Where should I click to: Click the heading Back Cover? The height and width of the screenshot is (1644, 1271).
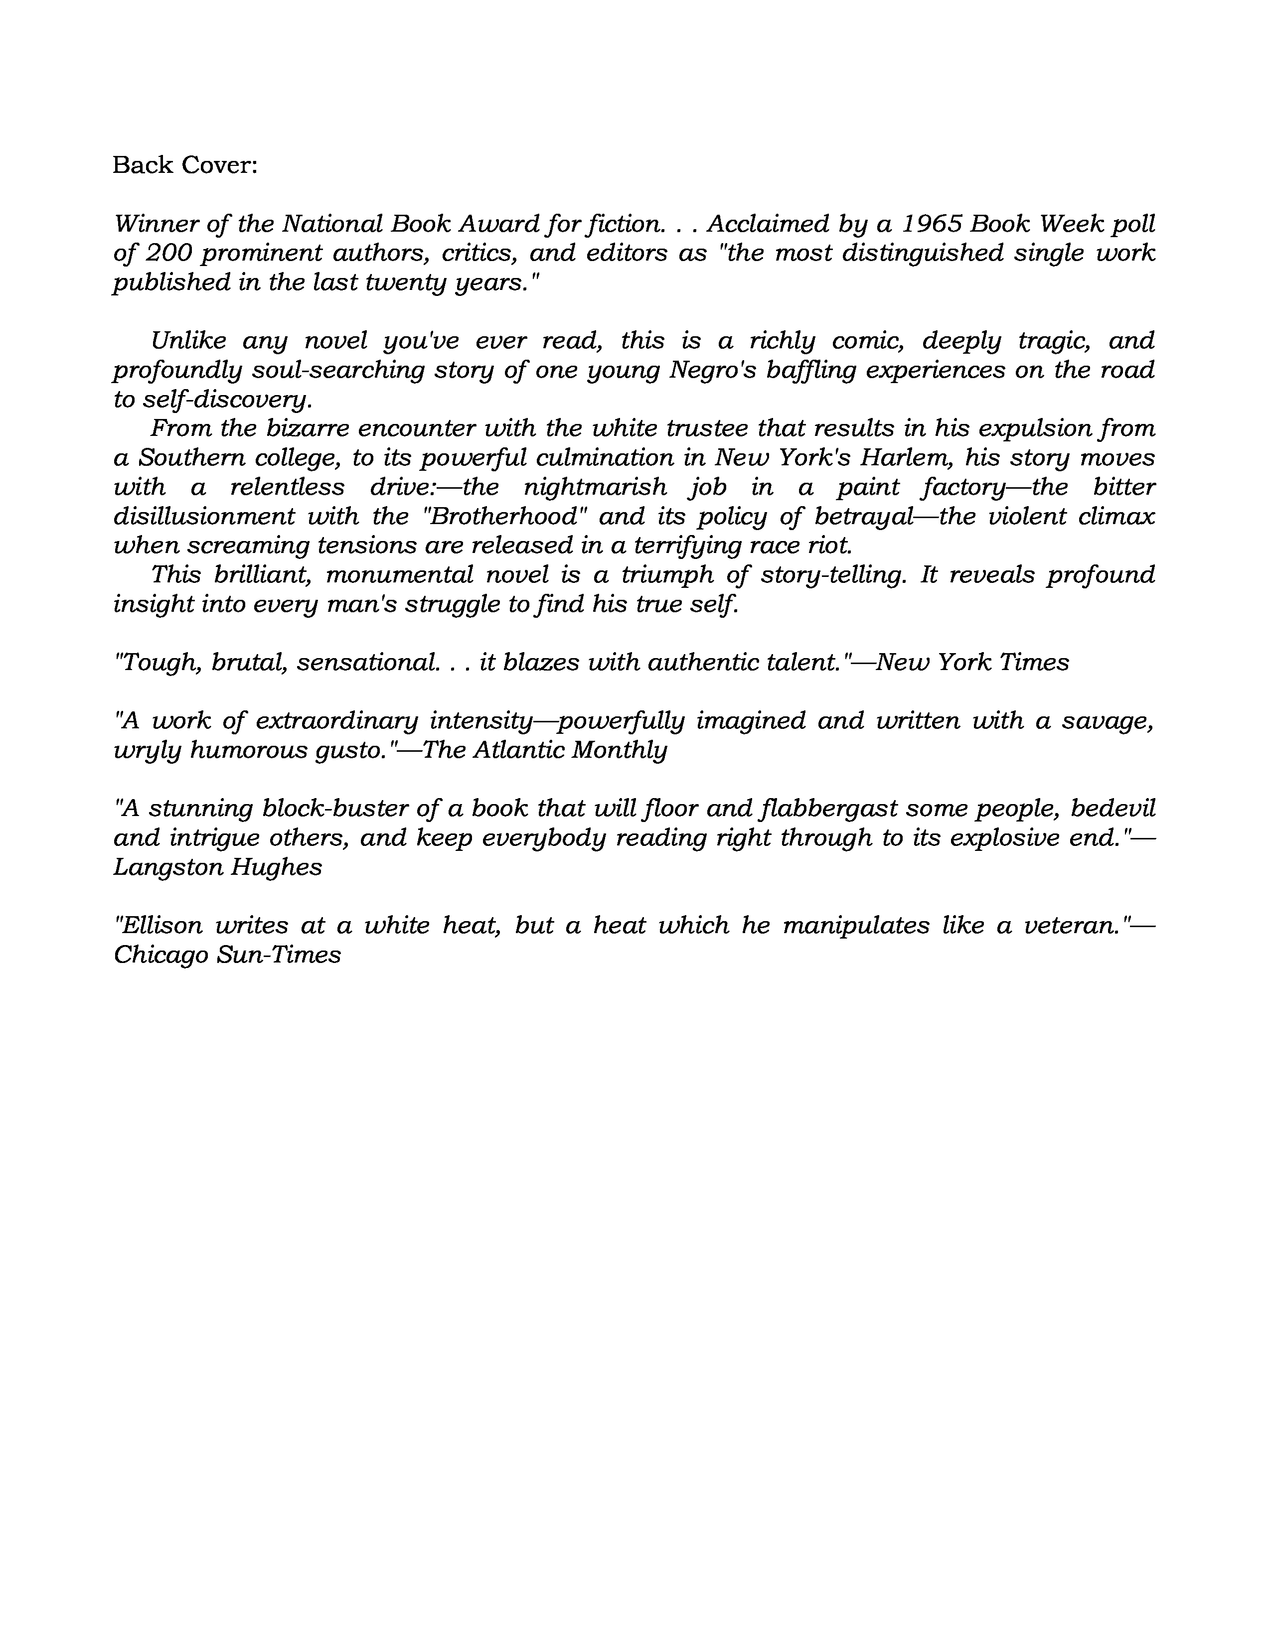click(184, 165)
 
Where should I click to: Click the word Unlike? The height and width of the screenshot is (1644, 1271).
click(188, 340)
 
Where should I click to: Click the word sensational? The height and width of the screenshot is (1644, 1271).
click(367, 663)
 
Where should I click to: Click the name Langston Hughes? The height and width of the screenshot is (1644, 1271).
click(218, 867)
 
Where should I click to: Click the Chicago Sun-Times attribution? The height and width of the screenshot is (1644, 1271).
click(227, 955)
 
